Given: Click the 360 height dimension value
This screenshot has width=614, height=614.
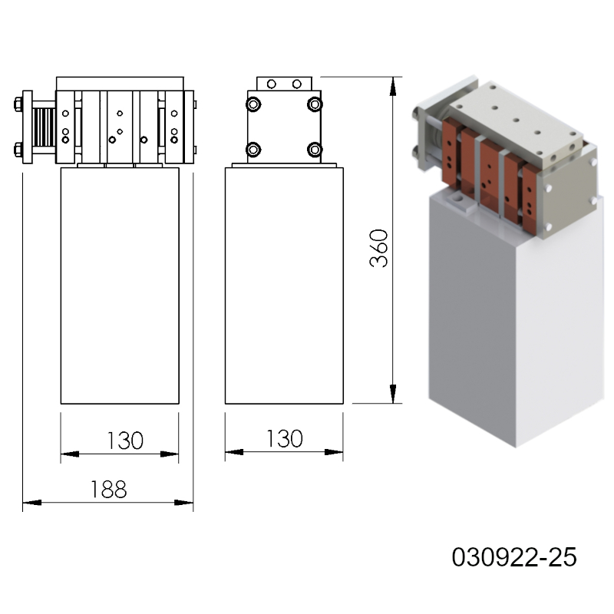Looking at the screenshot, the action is [378, 248].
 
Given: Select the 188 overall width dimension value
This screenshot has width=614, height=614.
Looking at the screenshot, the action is [108, 490].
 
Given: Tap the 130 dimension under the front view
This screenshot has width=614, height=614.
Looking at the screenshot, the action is [125, 441].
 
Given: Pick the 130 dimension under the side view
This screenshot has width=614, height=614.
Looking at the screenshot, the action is [284, 438].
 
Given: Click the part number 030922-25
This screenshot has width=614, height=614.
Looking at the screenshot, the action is [514, 557].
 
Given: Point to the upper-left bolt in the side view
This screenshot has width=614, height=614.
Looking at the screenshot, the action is [253, 104].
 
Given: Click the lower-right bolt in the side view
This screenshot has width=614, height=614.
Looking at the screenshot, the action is [315, 149].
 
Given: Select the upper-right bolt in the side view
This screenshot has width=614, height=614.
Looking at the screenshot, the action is [315, 104].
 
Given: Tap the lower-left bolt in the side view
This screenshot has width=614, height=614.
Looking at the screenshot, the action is [253, 149].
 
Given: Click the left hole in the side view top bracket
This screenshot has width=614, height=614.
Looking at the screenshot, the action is [272, 84].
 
